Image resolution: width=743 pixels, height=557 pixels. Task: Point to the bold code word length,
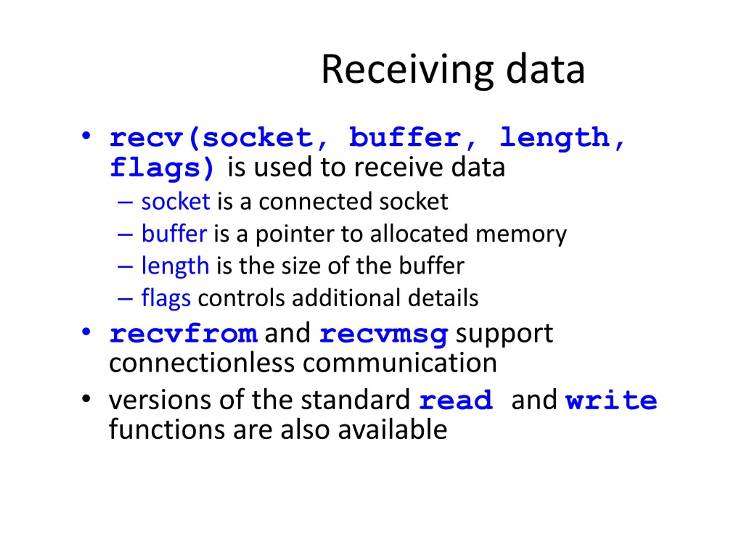point(562,138)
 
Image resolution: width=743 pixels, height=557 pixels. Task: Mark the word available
point(392,429)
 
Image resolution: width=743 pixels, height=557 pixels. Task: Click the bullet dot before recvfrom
point(86,331)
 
